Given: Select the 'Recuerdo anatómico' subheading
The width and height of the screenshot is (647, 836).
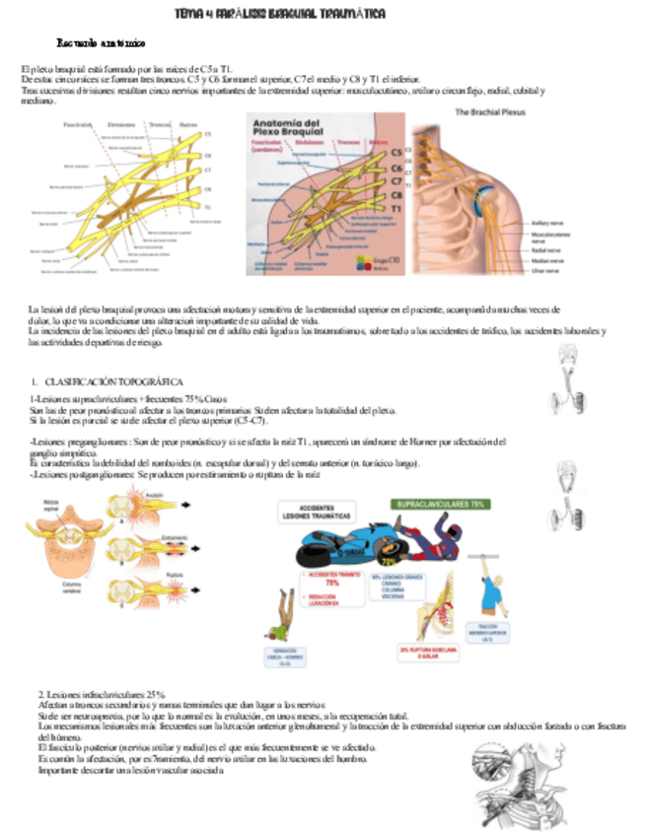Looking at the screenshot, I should click(101, 44).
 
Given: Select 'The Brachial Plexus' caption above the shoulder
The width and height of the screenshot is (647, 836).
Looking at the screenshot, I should click(490, 113).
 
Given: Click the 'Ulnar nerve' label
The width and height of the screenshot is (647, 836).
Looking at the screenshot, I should click(545, 269).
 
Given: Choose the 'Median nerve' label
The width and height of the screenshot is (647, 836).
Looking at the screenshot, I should click(546, 260).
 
